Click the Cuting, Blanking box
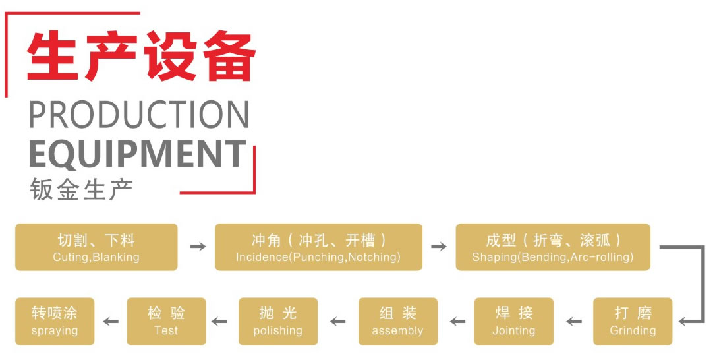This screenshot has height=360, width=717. [x=96, y=247]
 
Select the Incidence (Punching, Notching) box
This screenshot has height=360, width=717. [x=318, y=247]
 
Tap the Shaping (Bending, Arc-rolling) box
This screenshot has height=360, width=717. [x=552, y=247]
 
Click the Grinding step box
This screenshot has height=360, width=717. [x=633, y=321]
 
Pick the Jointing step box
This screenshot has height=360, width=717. [x=514, y=321]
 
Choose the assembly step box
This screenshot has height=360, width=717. [x=397, y=321]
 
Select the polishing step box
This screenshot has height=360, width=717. [x=278, y=321]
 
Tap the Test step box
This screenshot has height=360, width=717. [x=166, y=321]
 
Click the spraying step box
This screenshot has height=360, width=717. [x=55, y=321]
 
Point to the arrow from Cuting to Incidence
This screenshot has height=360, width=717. [x=197, y=247]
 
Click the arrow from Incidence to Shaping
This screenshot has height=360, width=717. [x=438, y=247]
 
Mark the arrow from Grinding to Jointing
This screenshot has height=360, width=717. [x=574, y=322]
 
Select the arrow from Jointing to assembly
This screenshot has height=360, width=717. [x=457, y=322]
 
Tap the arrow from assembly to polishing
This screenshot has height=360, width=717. [x=338, y=322]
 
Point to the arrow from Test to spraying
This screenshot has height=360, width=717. [x=111, y=322]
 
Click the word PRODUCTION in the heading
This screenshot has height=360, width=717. [x=139, y=115]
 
